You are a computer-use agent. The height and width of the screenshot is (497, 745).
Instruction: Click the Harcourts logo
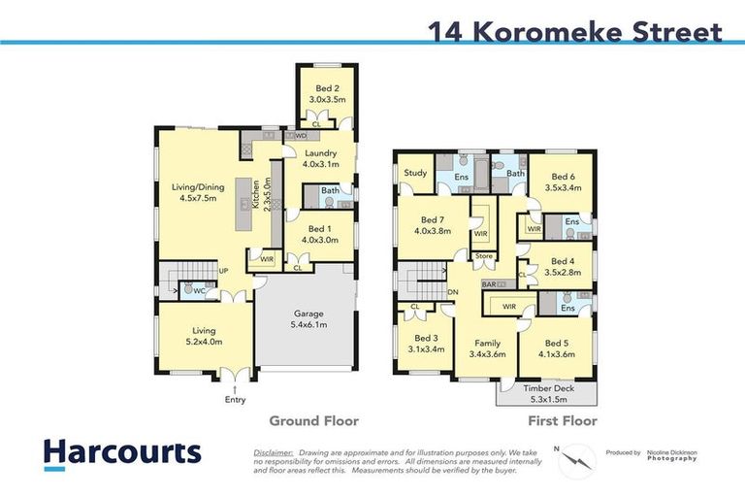[x=121, y=452]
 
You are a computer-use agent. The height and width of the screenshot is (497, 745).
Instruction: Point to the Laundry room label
[x=319, y=158]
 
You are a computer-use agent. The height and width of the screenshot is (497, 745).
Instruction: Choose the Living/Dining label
[x=199, y=192]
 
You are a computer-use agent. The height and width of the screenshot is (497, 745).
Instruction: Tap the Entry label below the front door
[x=235, y=399]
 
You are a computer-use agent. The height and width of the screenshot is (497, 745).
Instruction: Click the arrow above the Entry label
[x=235, y=387]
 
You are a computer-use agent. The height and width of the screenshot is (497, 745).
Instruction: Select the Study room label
[x=416, y=174]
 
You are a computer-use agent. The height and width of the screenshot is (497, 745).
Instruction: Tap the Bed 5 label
[x=557, y=349]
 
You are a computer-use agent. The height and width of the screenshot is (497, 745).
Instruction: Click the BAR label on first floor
[x=490, y=284]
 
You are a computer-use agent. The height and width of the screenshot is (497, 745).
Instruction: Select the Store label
[x=484, y=256]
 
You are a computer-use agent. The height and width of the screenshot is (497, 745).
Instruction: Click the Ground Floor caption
[x=313, y=421]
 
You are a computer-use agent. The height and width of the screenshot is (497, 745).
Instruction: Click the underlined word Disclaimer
[x=275, y=452]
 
